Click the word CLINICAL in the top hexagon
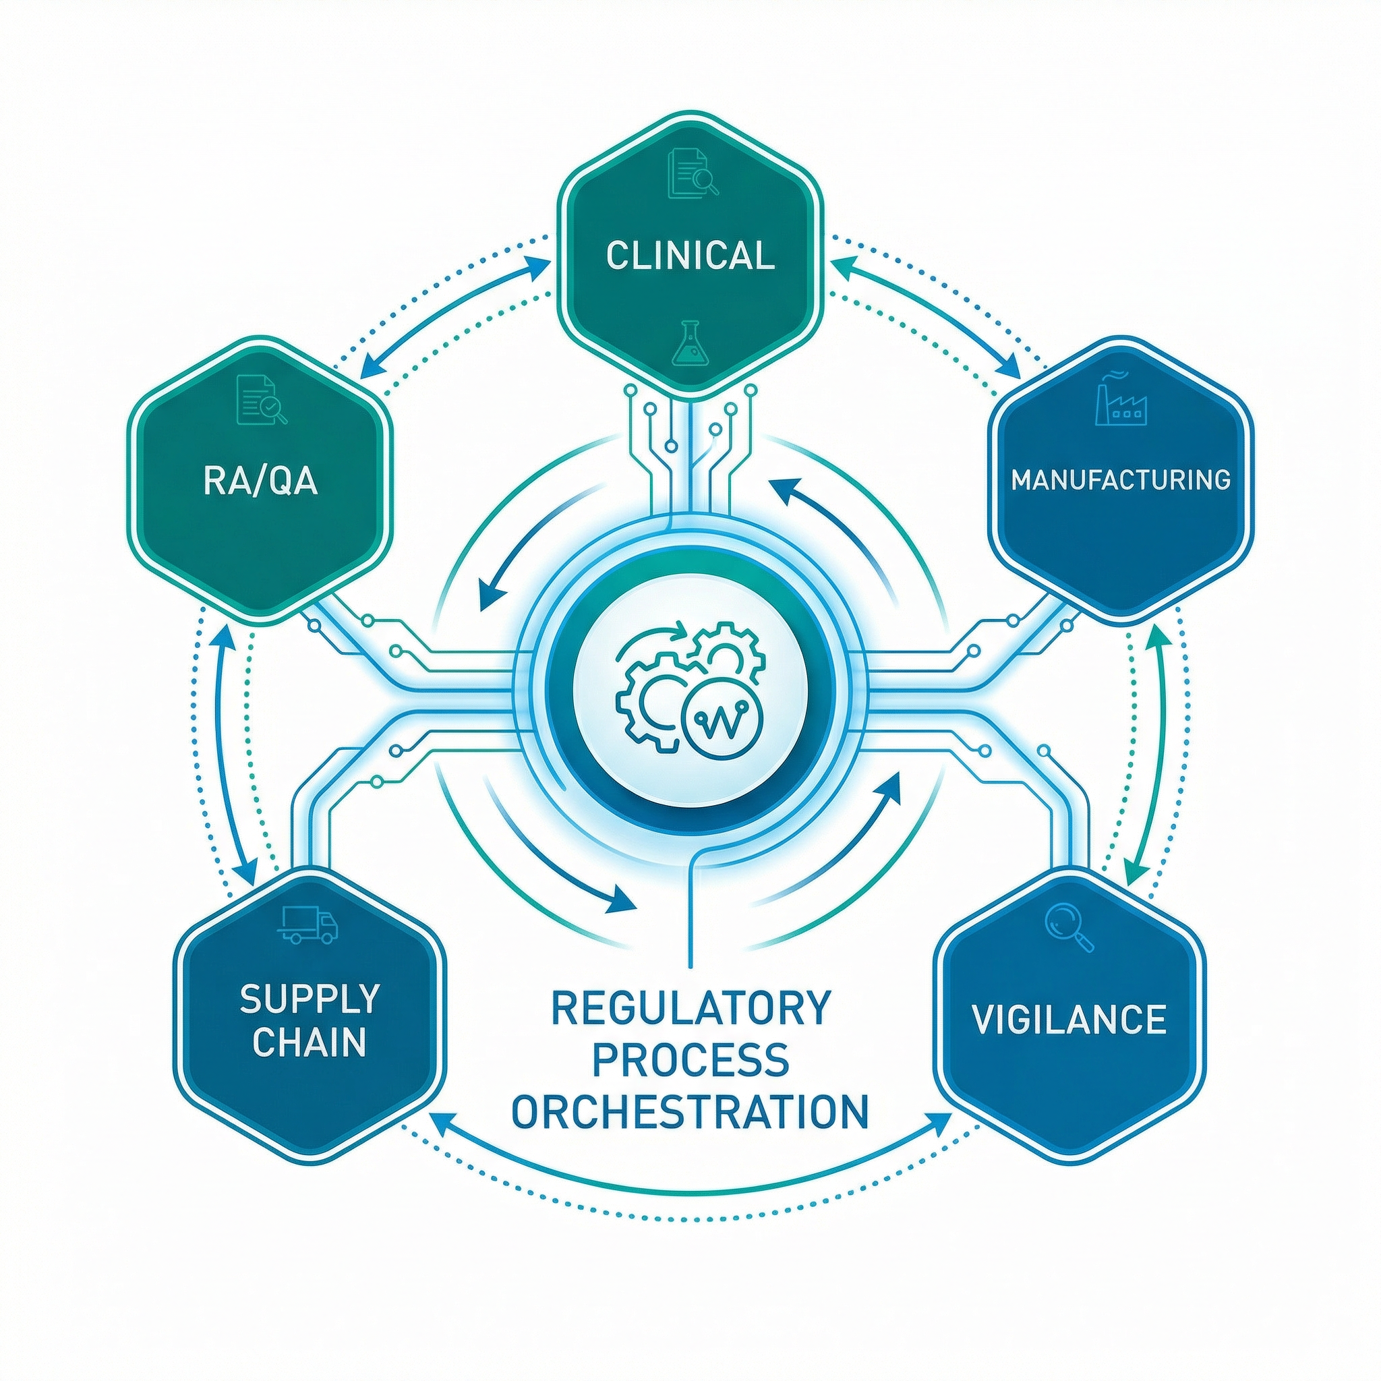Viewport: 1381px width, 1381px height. coord(690,256)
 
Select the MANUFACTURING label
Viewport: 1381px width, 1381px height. coord(1121,479)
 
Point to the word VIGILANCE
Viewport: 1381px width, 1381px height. coord(1069,1019)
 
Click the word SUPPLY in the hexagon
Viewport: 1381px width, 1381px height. coord(310,999)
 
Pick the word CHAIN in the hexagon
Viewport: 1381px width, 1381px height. coord(310,1042)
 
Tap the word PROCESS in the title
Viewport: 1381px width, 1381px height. coord(690,1060)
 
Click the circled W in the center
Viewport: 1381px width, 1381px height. coord(724,726)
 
